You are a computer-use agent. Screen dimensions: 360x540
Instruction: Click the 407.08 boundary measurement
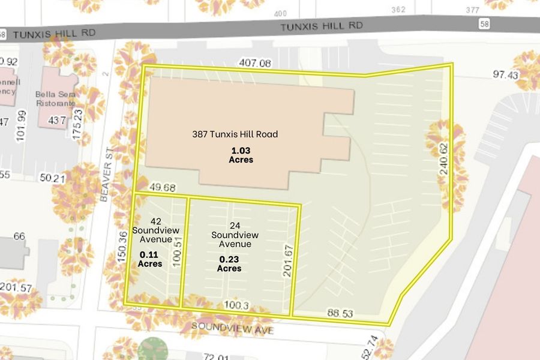pyautogui.click(x=255, y=63)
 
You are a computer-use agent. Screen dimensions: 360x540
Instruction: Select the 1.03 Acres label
pyautogui.click(x=241, y=155)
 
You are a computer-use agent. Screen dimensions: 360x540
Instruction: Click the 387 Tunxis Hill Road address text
pyautogui.click(x=235, y=134)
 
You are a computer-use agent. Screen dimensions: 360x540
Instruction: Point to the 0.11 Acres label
pyautogui.click(x=150, y=259)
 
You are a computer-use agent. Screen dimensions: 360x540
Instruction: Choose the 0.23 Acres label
pyautogui.click(x=230, y=263)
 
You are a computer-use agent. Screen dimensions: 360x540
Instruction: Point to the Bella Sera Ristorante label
pyautogui.click(x=59, y=98)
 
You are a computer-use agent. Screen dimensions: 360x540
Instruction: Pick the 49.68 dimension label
pyautogui.click(x=163, y=188)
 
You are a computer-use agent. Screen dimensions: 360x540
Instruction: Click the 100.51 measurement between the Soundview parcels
pyautogui.click(x=177, y=261)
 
